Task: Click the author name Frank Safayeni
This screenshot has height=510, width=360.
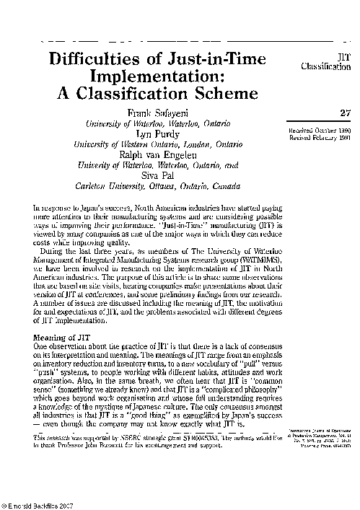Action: pyautogui.click(x=162, y=113)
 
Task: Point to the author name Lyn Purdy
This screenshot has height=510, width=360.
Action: pyautogui.click(x=162, y=133)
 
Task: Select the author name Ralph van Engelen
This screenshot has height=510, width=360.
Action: pyautogui.click(x=162, y=154)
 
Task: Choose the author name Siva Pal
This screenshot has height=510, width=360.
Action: pyautogui.click(x=162, y=174)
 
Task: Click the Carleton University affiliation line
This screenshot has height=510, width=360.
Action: pyautogui.click(x=162, y=184)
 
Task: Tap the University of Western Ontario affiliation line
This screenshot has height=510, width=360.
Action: pyautogui.click(x=162, y=144)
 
